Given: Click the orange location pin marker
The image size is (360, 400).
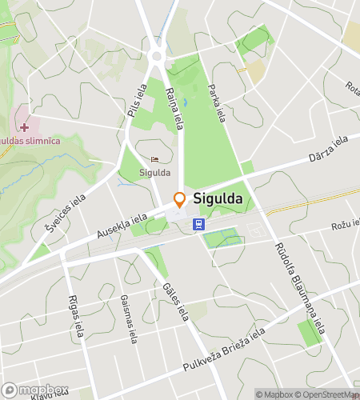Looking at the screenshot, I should pos(180,199).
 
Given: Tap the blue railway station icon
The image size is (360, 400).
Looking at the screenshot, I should pos(198,225).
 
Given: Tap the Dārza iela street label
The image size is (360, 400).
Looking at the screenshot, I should pos(328,149).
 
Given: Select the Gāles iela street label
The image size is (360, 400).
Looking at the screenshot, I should pos(174,298).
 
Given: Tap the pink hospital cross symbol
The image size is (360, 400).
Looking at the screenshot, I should pos(25,126).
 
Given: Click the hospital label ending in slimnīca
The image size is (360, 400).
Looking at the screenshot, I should pos(30,141).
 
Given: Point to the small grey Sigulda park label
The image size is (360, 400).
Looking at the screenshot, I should pos(154,171).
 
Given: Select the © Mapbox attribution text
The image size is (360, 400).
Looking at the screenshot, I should pos(278,394).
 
